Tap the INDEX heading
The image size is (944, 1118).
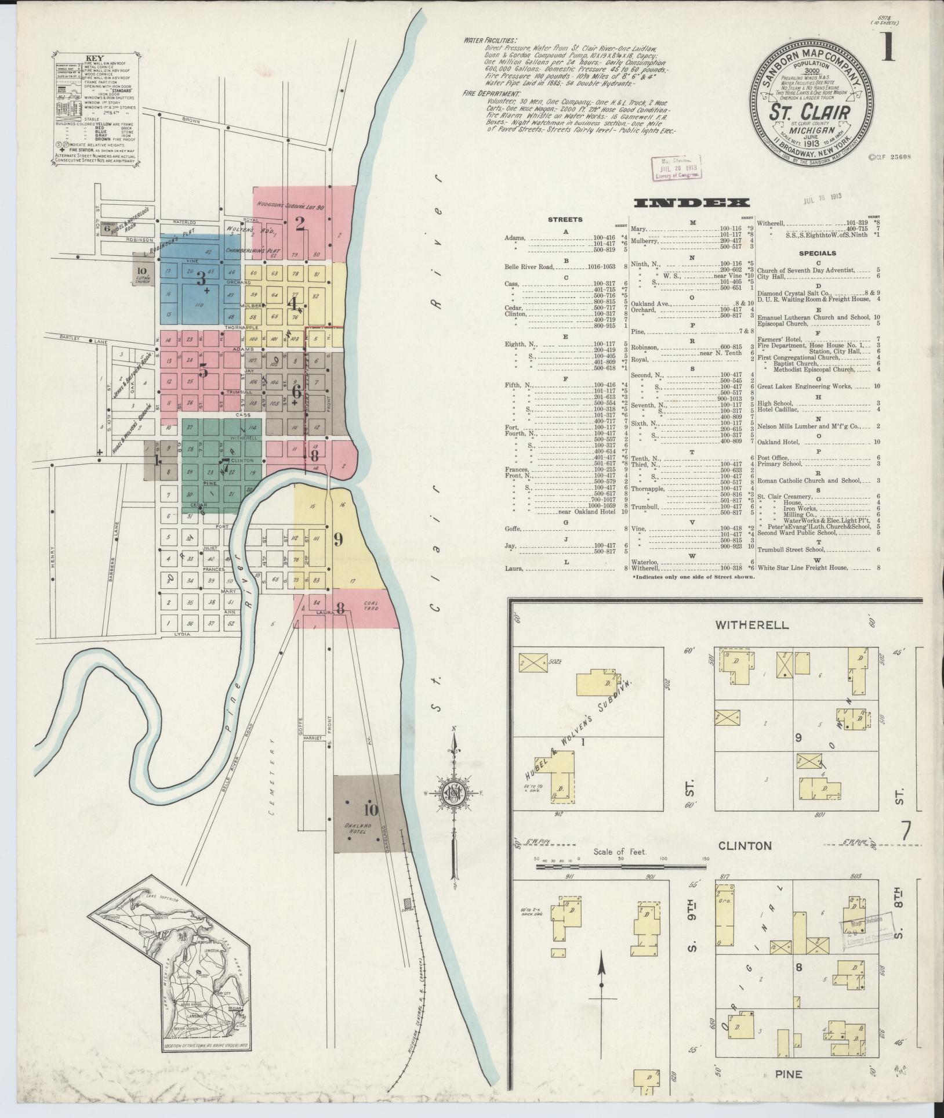pyautogui.click(x=691, y=202)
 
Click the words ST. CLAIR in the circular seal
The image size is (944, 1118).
pyautogui.click(x=809, y=111)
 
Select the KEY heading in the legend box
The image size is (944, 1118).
pyautogui.click(x=93, y=58)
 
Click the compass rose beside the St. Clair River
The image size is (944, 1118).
pyautogui.click(x=455, y=793)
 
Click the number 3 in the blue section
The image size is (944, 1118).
pyautogui.click(x=201, y=279)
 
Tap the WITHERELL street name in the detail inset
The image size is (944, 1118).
pyautogui.click(x=751, y=625)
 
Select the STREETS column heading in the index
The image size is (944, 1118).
pyautogui.click(x=565, y=220)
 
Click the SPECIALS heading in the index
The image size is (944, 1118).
pyautogui.click(x=817, y=253)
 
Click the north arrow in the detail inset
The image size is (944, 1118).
pyautogui.click(x=602, y=980)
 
